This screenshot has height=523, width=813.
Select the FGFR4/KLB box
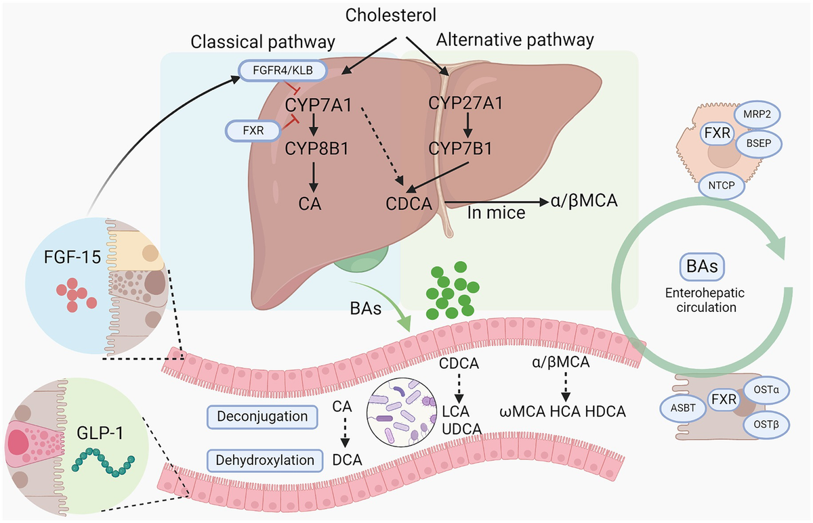[x=283, y=70]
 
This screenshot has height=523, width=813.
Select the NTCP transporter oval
[x=726, y=183]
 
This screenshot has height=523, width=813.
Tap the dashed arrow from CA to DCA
[x=343, y=432]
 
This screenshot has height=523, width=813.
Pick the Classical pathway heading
[x=262, y=42]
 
